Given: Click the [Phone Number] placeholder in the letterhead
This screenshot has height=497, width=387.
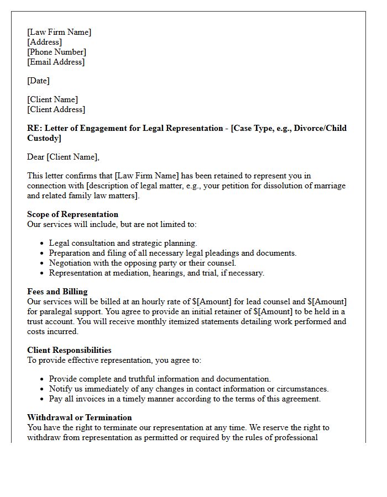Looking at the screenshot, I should pyautogui.click(x=56, y=52).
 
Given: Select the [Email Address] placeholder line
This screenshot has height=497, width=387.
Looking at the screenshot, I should pyautogui.click(x=56, y=62).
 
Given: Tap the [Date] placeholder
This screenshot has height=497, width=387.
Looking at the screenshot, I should pyautogui.click(x=38, y=81).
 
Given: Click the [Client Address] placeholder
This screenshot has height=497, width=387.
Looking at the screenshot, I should pyautogui.click(x=56, y=109).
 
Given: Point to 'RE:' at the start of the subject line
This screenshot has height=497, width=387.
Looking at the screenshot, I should pyautogui.click(x=34, y=128).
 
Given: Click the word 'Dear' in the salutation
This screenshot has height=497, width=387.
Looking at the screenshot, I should pyautogui.click(x=36, y=157).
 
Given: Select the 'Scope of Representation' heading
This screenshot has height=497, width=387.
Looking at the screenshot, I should pyautogui.click(x=72, y=214).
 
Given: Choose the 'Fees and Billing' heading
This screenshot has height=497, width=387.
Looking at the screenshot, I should pyautogui.click(x=57, y=292).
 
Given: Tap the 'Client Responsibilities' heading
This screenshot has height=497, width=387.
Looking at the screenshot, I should pyautogui.click(x=69, y=350).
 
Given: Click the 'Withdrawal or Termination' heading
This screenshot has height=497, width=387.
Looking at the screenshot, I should pyautogui.click(x=79, y=417).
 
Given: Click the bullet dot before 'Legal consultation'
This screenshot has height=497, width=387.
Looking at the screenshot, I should pyautogui.click(x=42, y=244).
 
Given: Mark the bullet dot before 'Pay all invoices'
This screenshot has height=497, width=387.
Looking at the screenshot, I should pyautogui.click(x=42, y=399).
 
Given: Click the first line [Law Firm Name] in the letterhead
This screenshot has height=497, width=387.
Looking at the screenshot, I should pyautogui.click(x=59, y=32).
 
